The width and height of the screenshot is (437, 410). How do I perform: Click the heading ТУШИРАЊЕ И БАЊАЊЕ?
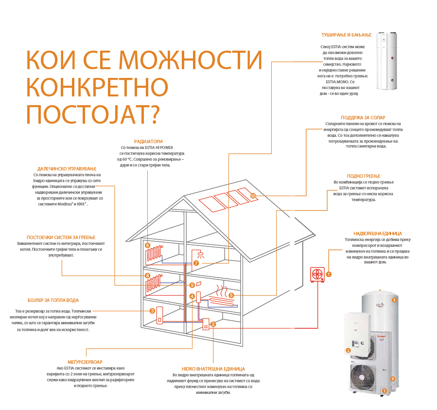coord(346,35)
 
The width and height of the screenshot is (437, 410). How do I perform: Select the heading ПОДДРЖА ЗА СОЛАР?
coord(364,117)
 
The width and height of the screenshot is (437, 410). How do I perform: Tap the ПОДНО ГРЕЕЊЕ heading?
coord(364,176)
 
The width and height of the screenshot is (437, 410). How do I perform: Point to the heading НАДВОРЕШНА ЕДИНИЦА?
coord(378,234)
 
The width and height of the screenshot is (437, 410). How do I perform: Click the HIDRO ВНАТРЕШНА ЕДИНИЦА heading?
coord(213,369)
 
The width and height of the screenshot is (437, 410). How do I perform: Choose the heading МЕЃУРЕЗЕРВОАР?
coord(85,362)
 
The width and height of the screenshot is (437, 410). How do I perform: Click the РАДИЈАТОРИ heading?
coord(148,141)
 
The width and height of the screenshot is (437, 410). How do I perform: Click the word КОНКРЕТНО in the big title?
coord(97,88)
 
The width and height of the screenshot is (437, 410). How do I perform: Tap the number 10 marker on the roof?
coord(253,196)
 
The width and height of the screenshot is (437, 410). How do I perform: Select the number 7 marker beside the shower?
coord(196,263)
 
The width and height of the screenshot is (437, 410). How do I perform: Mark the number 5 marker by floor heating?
coord(231,295)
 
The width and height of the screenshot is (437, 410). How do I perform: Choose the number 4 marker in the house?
coord(192,296)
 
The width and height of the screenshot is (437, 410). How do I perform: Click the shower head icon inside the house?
coord(200,253)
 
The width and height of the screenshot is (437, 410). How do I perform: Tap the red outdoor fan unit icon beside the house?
coord(317,274)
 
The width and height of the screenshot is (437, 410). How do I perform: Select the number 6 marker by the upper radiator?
coord(147,245)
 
